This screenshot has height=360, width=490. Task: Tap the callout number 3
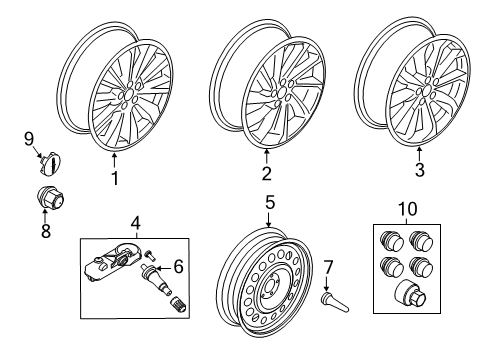(419, 171)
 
